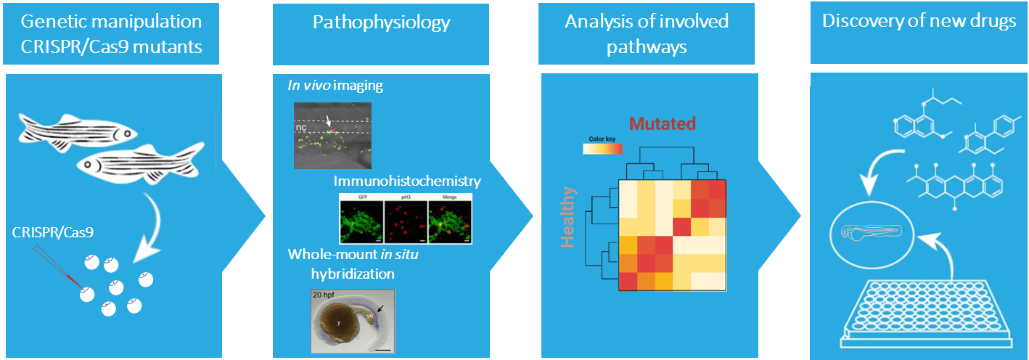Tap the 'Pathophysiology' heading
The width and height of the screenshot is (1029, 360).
click(x=381, y=22)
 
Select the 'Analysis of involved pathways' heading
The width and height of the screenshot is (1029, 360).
click(x=647, y=34)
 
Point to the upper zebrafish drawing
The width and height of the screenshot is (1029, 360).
click(x=76, y=130)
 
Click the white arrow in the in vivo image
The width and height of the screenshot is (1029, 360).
click(x=328, y=123)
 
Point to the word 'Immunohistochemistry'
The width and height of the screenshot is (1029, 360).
click(x=408, y=181)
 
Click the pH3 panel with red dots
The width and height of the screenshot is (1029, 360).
click(x=406, y=219)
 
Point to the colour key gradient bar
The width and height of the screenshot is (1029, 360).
click(x=602, y=149)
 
